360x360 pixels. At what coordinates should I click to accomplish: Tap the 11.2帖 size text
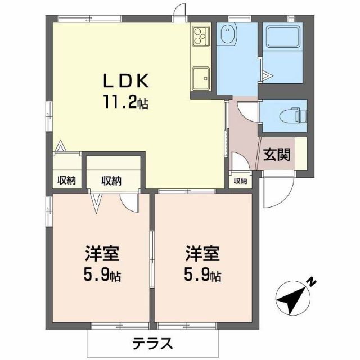[125, 103]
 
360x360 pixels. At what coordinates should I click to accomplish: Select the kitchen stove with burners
[200, 37]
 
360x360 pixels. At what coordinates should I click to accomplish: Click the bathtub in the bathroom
[283, 38]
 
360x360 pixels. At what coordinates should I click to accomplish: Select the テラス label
[152, 343]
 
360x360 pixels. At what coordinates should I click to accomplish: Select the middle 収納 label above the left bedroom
[111, 181]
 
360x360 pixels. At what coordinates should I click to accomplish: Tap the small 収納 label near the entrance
[240, 181]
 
